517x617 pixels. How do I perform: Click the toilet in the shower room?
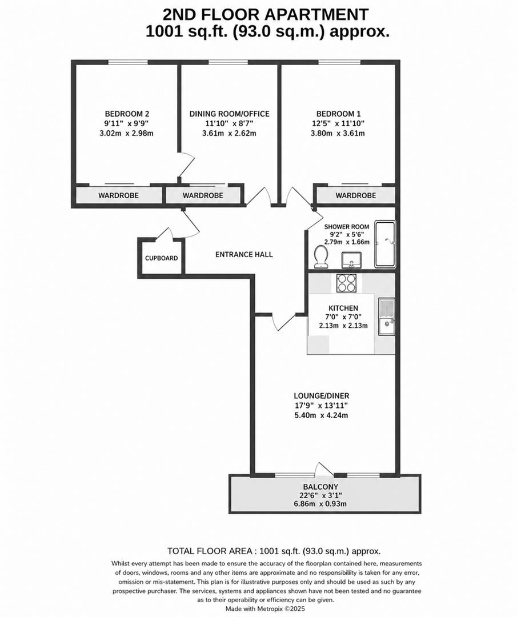(x=321, y=257)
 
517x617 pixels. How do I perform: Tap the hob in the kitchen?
(x=347, y=283)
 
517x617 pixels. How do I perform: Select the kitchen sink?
(x=387, y=317)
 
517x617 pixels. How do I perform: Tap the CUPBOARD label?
(x=161, y=258)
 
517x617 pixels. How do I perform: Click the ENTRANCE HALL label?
(x=244, y=254)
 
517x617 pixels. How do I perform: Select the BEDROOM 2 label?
(x=127, y=114)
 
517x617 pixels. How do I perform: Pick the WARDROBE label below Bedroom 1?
(x=356, y=195)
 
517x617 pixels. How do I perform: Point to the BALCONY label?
(x=324, y=487)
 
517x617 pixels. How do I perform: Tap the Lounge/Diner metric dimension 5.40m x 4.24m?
(x=321, y=415)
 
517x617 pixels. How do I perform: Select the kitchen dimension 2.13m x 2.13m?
(x=343, y=326)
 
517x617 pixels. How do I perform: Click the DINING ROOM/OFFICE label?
(x=229, y=114)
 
